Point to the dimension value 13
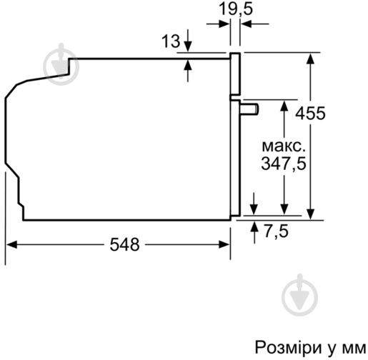click(x=170, y=42)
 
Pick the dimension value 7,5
click(x=276, y=231)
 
